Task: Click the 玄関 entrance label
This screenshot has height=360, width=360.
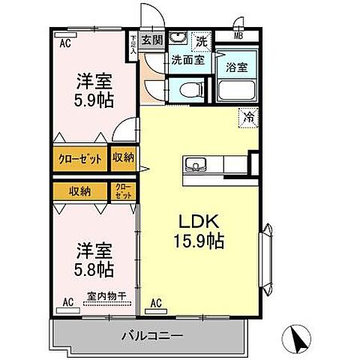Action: click(x=152, y=40)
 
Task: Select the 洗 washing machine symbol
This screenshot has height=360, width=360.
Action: click(x=202, y=39)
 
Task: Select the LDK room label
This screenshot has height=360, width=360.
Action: click(x=196, y=223)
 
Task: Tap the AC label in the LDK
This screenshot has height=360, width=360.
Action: click(x=157, y=303)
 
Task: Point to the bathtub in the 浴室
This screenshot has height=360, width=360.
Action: click(x=238, y=92)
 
